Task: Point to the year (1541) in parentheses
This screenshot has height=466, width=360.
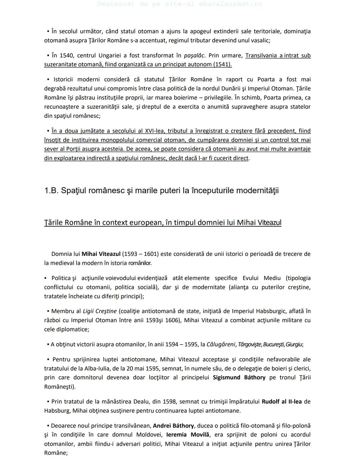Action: pos(222,64)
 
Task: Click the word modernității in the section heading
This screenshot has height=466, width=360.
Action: pos(256,190)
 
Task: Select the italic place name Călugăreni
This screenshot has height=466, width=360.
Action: pos(221,345)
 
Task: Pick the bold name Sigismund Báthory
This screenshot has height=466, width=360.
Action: pos(239,378)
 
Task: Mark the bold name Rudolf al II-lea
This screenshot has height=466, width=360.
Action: pos(282,402)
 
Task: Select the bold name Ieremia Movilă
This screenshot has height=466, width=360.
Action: pos(188,435)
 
